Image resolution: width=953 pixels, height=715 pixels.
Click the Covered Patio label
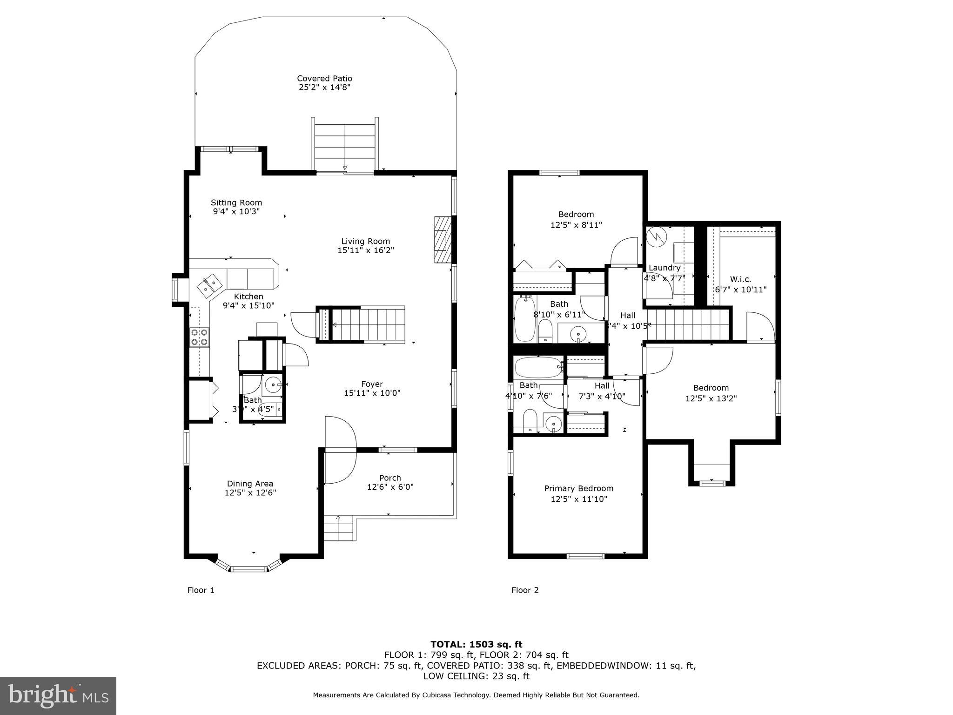pos(324,79)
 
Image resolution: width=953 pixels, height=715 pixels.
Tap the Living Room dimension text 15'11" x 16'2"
pos(366,250)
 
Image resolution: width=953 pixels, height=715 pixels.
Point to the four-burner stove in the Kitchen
pos(199,337)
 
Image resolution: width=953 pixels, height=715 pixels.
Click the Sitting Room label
pos(236,202)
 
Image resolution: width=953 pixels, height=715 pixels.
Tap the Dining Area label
pos(250,484)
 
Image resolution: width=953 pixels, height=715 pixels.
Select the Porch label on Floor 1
pos(390,478)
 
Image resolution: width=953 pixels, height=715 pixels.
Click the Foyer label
pos(372,384)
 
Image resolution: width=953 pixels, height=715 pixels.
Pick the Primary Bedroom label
pos(579,488)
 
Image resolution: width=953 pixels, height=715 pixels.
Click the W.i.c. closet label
pos(740,279)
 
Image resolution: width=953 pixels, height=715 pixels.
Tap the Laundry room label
pos(664,268)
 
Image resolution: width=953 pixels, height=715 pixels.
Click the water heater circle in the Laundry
pos(657,236)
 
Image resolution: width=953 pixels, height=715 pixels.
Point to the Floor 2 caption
pos(525,590)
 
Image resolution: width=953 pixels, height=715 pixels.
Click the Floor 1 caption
pos(201,590)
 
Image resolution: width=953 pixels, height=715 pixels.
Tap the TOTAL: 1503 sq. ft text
pos(476,644)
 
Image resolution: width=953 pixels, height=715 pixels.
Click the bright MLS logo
pos(58,695)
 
